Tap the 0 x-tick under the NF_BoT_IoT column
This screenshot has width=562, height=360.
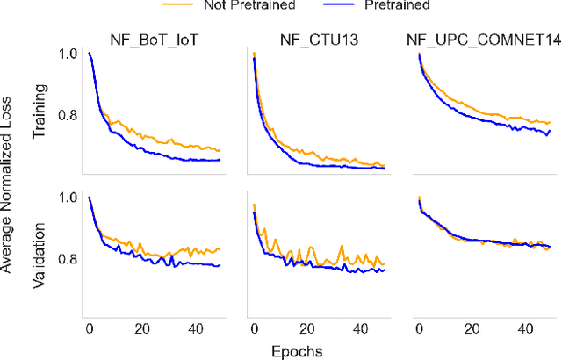[90, 328]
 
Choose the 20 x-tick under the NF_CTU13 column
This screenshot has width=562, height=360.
[307, 328]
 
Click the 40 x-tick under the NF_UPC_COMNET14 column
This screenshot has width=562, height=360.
[524, 328]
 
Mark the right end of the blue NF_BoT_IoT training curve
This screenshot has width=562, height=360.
[220, 159]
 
